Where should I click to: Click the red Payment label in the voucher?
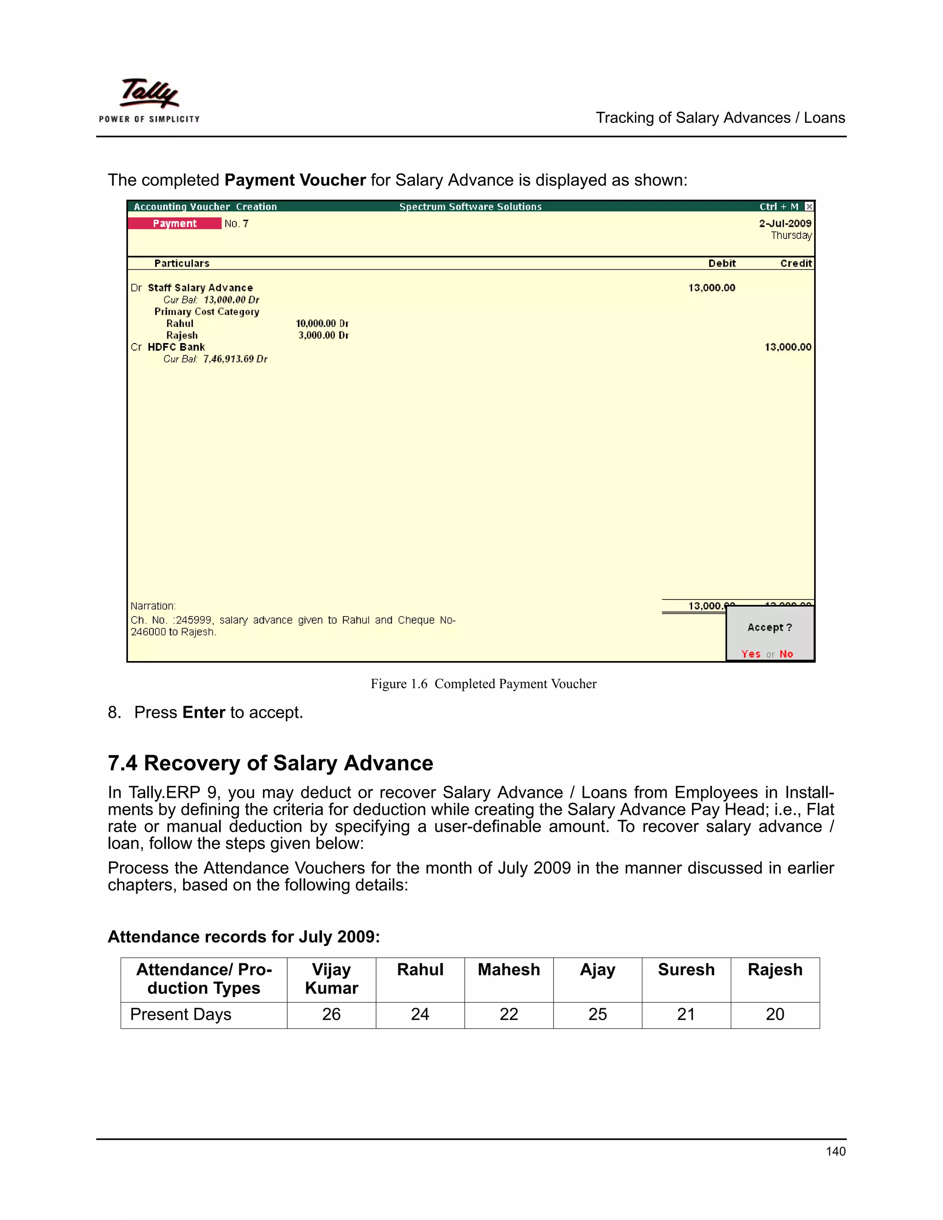[x=175, y=223]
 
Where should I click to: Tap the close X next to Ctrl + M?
[x=809, y=207]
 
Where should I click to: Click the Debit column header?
[x=722, y=263]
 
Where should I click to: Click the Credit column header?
[x=796, y=263]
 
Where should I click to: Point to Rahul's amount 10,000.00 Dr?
[x=322, y=324]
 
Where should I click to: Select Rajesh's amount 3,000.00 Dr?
[x=323, y=335]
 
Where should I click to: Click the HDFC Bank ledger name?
[x=176, y=347]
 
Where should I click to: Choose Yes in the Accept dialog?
[x=750, y=654]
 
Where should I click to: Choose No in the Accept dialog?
[x=786, y=654]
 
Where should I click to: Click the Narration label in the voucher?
[x=152, y=606]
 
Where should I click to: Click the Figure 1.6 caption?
[x=483, y=684]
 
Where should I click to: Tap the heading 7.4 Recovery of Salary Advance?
[x=270, y=763]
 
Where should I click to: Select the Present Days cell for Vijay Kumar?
[x=331, y=1014]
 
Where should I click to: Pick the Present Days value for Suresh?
[x=686, y=1014]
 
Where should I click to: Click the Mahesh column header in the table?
[x=508, y=970]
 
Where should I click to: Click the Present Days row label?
[x=180, y=1014]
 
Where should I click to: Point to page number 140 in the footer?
[x=835, y=1151]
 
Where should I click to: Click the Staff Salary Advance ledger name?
[x=200, y=288]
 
